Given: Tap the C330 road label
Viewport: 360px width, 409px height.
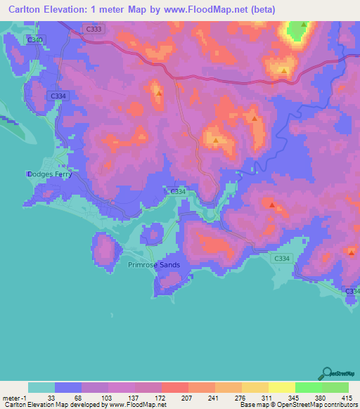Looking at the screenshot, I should tap(35, 40).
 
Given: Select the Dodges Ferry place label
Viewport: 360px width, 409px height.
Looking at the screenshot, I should tap(50, 174).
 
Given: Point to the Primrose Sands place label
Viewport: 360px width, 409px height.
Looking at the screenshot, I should tap(154, 265).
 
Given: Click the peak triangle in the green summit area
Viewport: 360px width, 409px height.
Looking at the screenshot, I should tap(303, 25).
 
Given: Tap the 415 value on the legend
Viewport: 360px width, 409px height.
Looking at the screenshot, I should tap(347, 398).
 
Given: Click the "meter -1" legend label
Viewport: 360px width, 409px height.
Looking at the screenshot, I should tap(15, 398).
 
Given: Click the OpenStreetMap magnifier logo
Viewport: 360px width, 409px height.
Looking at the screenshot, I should tap(327, 373).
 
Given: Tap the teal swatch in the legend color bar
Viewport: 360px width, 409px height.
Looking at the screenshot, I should tap(41, 387).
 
